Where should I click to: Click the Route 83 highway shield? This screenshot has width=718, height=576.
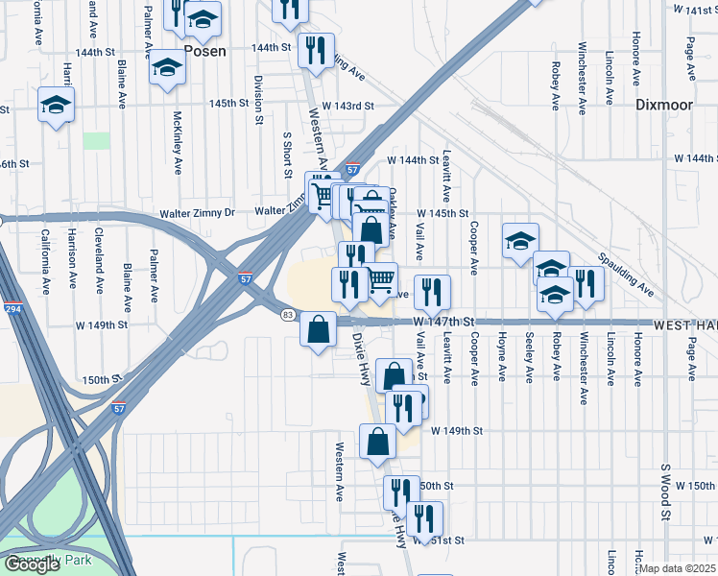[x=287, y=314]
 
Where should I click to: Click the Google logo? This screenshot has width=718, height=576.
[x=32, y=564]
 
